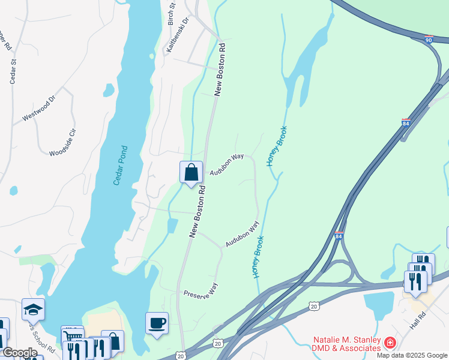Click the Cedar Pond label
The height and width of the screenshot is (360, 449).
121,165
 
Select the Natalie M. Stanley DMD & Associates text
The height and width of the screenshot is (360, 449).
346,344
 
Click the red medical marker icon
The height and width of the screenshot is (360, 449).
390,343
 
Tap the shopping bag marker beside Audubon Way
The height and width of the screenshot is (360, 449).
191,173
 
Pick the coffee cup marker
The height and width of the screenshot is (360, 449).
157,323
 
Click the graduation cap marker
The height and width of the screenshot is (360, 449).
33,310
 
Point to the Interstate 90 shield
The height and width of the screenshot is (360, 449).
428,38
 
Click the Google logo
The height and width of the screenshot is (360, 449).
19,353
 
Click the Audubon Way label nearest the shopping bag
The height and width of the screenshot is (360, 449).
226,164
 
